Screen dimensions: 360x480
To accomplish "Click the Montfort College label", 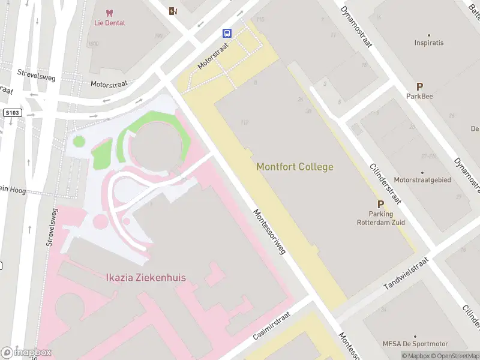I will point(295,167).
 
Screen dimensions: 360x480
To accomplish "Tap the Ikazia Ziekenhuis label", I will point(146,278).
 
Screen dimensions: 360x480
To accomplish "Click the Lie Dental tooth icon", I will point(109,13).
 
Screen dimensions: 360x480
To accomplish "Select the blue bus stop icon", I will point(228,33).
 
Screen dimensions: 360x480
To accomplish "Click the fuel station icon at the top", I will point(173,11).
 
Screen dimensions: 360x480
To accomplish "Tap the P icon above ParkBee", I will point(419,87).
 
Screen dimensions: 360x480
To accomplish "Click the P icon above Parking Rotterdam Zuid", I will point(380,205).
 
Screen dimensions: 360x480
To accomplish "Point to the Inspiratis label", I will point(429,43).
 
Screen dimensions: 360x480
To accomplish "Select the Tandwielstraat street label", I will point(407,274).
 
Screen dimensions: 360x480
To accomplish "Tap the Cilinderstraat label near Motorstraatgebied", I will point(385,183).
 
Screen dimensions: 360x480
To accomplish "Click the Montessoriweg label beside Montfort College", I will point(269,232).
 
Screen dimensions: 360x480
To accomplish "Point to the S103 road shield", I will point(11,112).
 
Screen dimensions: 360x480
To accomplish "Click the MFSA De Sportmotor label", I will point(415,344).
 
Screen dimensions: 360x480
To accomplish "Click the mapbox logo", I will point(26,353).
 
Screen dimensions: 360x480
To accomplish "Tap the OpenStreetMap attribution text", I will point(455,356).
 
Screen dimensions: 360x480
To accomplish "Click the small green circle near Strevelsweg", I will point(79,142).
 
